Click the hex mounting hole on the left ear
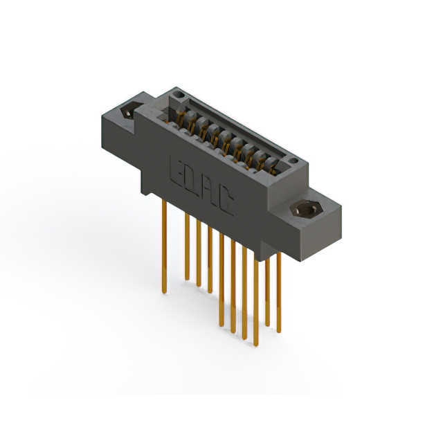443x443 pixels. click(x=129, y=111)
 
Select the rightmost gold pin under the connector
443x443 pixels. click(x=279, y=291)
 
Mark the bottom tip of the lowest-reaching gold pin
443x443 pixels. click(x=255, y=343)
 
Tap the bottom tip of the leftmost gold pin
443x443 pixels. click(x=164, y=291)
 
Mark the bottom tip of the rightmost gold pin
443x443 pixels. click(x=279, y=332)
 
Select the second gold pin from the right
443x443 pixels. click(x=267, y=291)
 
